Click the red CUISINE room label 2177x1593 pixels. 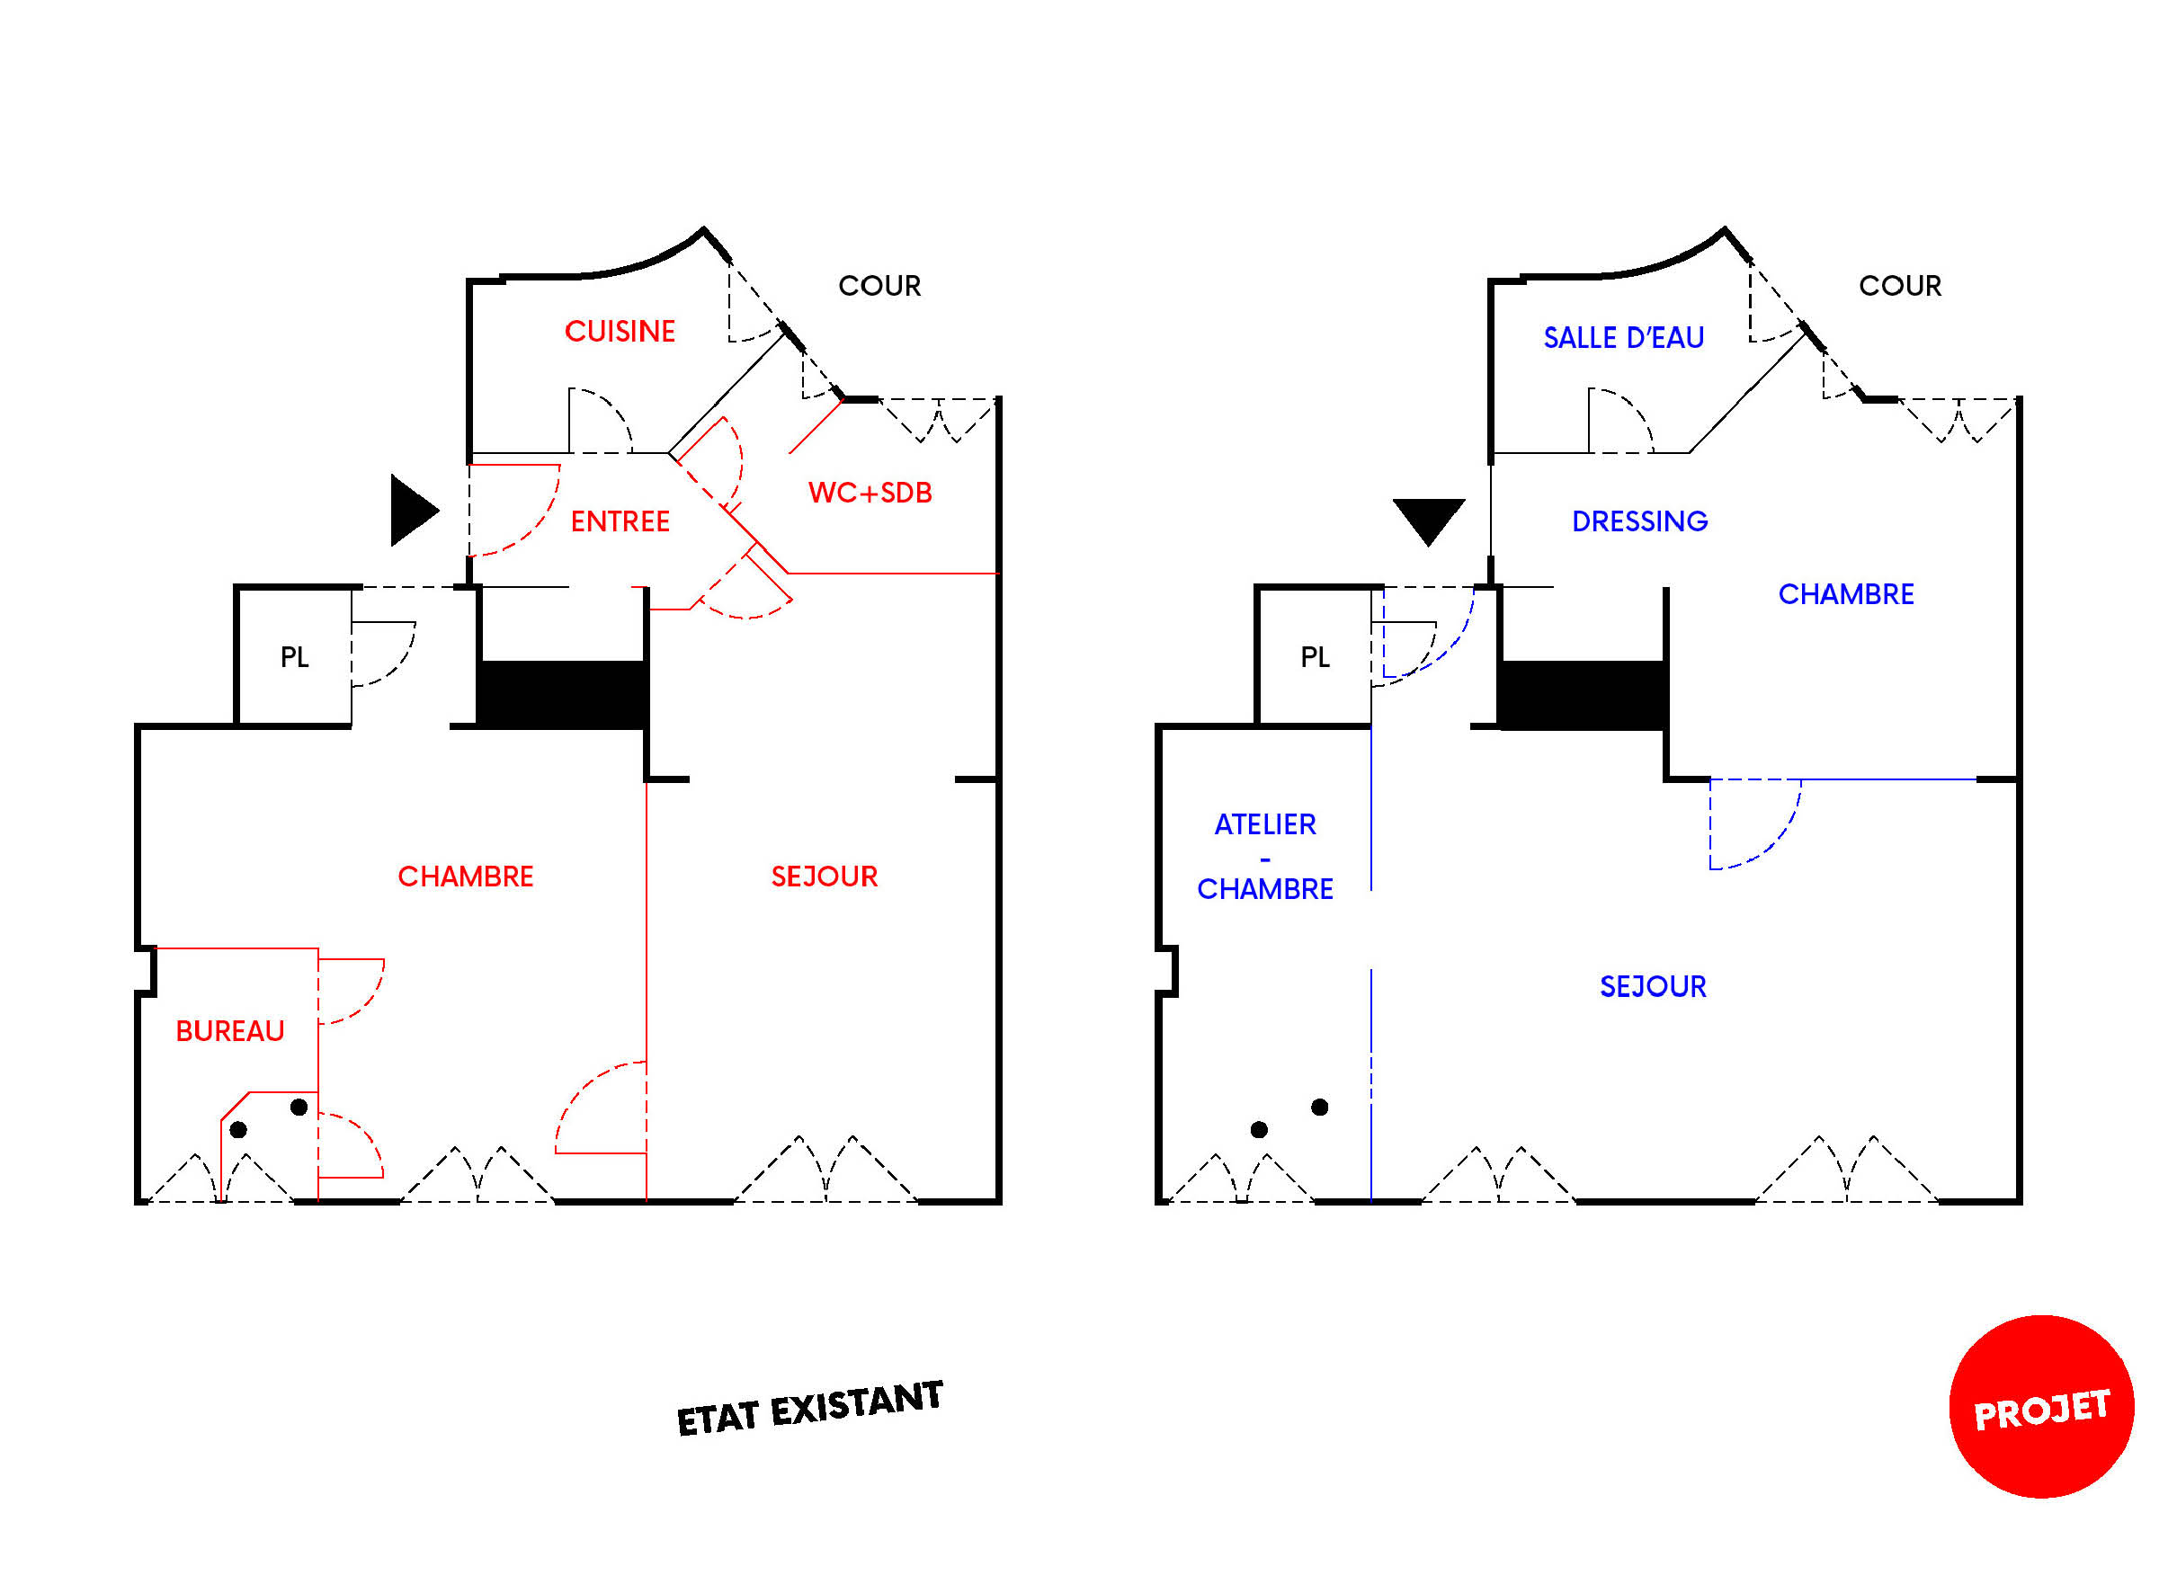[620, 332]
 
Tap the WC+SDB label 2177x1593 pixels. [870, 493]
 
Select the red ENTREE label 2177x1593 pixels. [620, 521]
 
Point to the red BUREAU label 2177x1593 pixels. [229, 1031]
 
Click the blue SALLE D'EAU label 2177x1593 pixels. [1623, 337]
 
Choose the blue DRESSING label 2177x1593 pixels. [1640, 521]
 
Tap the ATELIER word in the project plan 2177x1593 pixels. [1264, 824]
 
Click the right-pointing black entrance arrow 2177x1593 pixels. [411, 510]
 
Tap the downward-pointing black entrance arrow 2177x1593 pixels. [1429, 519]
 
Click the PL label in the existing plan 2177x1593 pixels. [294, 658]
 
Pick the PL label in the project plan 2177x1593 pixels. [1315, 658]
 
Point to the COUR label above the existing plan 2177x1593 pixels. [879, 286]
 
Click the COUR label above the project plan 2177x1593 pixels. [1900, 286]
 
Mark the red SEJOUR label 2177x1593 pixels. [825, 877]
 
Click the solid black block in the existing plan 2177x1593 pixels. [561, 694]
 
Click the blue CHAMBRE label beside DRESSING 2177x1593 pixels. [1846, 594]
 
